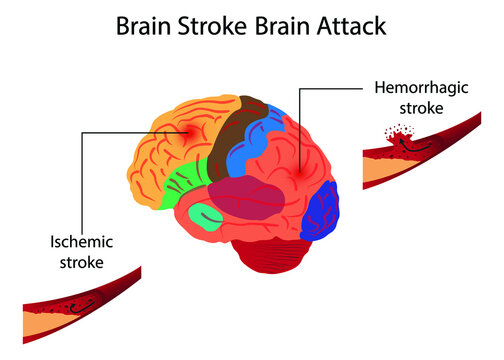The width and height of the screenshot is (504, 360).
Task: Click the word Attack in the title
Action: (x=341, y=24)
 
